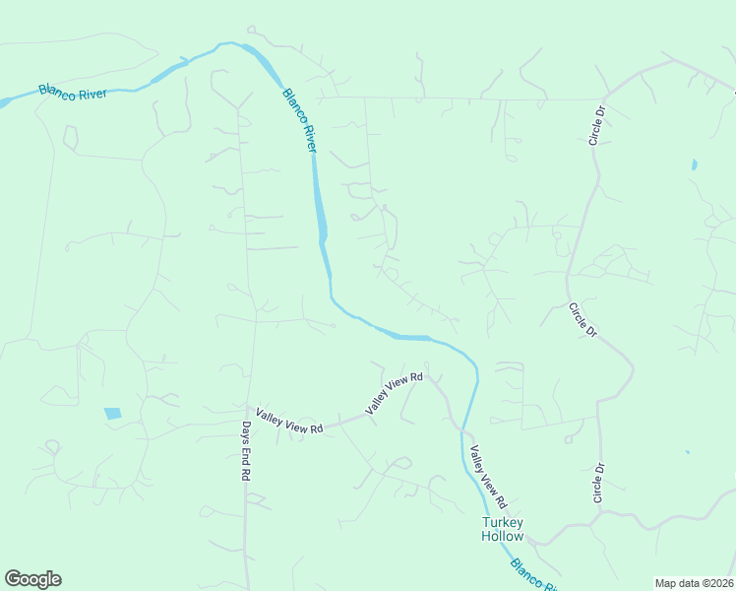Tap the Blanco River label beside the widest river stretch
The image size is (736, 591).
coord(300,120)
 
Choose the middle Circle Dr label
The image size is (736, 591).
coord(583,319)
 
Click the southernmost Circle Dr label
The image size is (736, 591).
coord(597,483)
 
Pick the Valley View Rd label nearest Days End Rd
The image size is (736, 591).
coord(289,422)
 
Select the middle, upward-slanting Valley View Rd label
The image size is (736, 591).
coord(394,393)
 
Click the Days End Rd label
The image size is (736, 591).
coord(246,450)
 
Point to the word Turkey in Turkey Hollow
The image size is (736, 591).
coord(505,522)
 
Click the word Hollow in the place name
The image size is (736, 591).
coord(504,536)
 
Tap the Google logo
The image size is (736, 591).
coord(32,579)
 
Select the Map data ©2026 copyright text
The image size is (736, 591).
coord(694,583)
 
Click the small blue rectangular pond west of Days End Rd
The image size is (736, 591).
coord(112,414)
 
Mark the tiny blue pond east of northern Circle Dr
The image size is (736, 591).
coord(694,164)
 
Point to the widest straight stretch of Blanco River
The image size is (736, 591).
coord(320,202)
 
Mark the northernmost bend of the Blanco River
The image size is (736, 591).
coord(232,43)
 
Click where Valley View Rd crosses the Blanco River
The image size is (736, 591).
coord(460,429)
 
